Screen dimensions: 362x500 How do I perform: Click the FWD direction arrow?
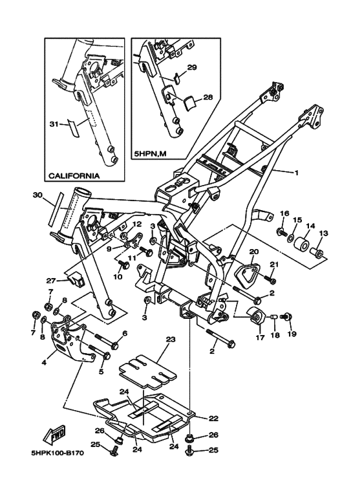54,434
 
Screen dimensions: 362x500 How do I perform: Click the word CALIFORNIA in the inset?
74,176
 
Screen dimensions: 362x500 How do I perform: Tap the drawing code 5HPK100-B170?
58,453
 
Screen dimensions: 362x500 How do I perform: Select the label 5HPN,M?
150,154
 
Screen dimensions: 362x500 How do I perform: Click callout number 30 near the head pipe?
37,195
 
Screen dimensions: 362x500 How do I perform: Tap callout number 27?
51,281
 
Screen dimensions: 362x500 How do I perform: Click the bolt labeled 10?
123,265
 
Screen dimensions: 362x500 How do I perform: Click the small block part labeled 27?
78,279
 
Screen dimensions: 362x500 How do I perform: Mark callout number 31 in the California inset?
54,124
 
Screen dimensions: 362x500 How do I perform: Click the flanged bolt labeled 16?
282,232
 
